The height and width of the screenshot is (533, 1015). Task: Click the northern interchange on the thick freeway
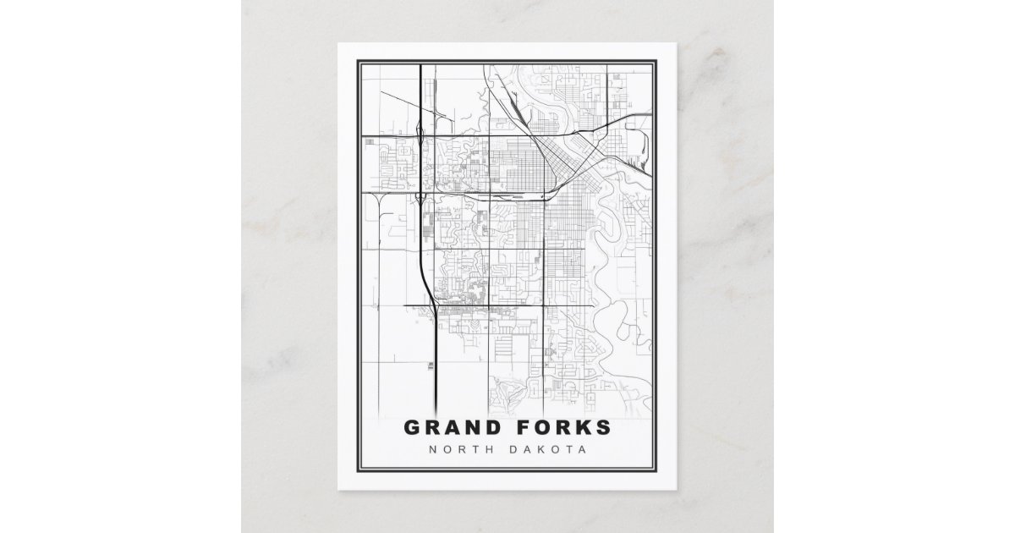click(x=421, y=135)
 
